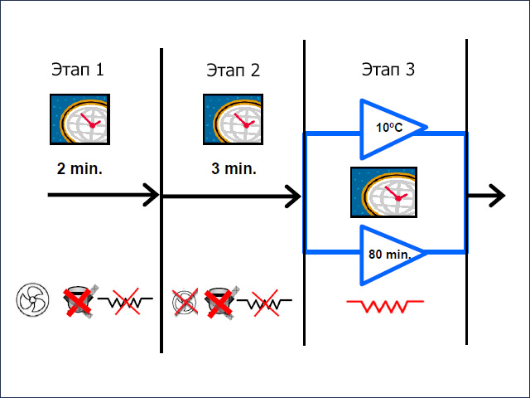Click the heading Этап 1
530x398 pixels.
click(77, 70)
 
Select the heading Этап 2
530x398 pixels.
click(233, 70)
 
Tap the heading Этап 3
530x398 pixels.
click(388, 70)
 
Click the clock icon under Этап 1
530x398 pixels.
click(80, 122)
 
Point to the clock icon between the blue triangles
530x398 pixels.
click(383, 194)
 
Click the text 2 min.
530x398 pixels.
click(79, 168)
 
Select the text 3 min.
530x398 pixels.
click(234, 168)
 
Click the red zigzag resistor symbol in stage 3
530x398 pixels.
click(385, 306)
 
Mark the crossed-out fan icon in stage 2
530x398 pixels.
click(185, 302)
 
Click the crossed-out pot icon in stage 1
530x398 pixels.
click(79, 299)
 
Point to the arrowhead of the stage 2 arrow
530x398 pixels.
click(294, 197)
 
